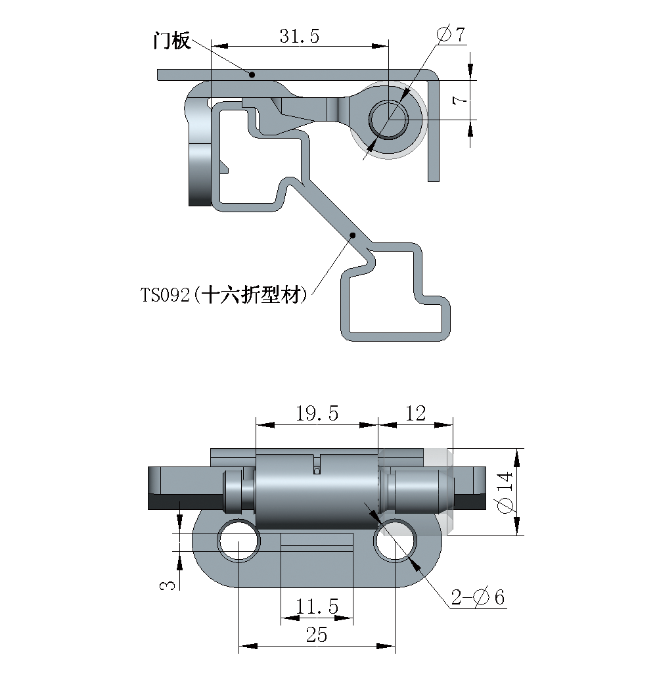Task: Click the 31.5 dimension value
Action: click(299, 36)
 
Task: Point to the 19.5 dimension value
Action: click(317, 413)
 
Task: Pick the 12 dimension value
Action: click(416, 413)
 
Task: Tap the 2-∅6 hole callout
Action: click(478, 597)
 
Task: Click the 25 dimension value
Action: click(316, 635)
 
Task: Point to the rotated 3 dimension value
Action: click(168, 583)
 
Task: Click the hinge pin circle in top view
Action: click(388, 119)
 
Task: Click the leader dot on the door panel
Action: click(251, 75)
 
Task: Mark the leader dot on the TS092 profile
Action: click(353, 235)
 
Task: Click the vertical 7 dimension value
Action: click(461, 101)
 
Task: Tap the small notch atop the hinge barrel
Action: click(316, 463)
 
